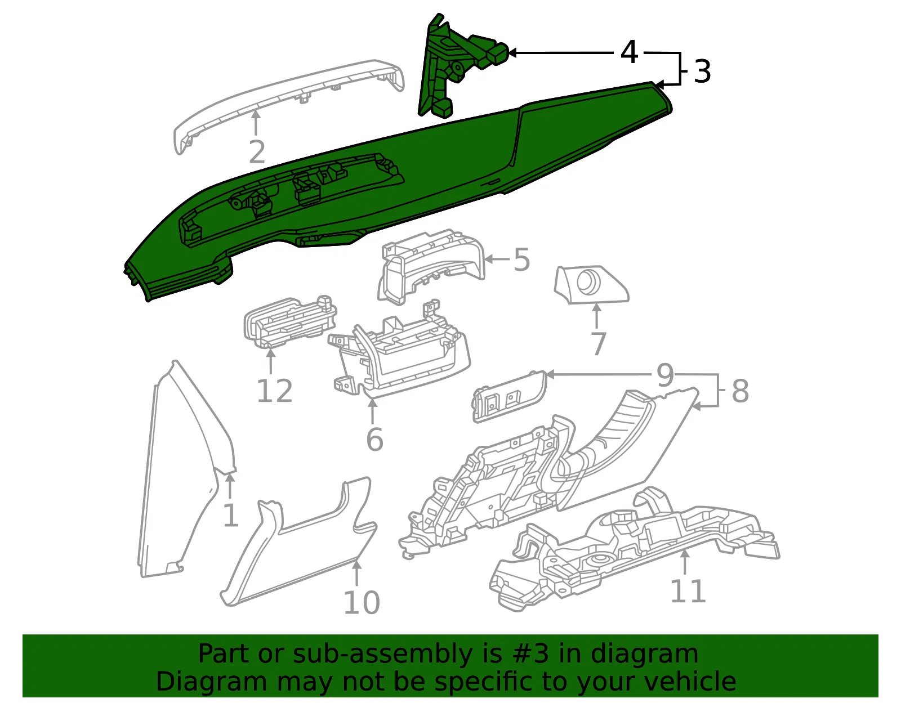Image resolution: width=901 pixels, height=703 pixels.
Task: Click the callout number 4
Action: (x=628, y=52)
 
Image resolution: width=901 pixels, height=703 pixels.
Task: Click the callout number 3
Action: (x=702, y=71)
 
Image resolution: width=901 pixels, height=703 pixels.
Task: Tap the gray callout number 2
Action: (x=257, y=152)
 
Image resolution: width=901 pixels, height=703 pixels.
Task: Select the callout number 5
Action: (x=522, y=259)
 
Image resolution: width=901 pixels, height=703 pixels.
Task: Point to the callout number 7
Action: (x=598, y=343)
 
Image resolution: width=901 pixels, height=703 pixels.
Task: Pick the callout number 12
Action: (x=275, y=391)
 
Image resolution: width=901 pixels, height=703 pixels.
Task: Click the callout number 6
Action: (x=375, y=440)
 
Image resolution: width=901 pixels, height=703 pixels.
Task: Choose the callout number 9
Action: (x=666, y=375)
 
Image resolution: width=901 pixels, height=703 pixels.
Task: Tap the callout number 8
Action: (x=741, y=391)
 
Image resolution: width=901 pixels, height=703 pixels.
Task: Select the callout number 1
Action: (x=230, y=516)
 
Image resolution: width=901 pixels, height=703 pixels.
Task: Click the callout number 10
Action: (x=362, y=603)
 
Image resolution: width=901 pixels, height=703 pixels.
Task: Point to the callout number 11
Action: (x=688, y=591)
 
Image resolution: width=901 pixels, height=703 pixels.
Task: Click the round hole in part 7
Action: (x=588, y=280)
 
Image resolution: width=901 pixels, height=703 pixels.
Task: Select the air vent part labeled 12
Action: (x=290, y=323)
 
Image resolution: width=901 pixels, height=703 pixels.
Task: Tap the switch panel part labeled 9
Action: (x=509, y=396)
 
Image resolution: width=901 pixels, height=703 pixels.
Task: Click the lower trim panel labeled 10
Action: (x=298, y=543)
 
